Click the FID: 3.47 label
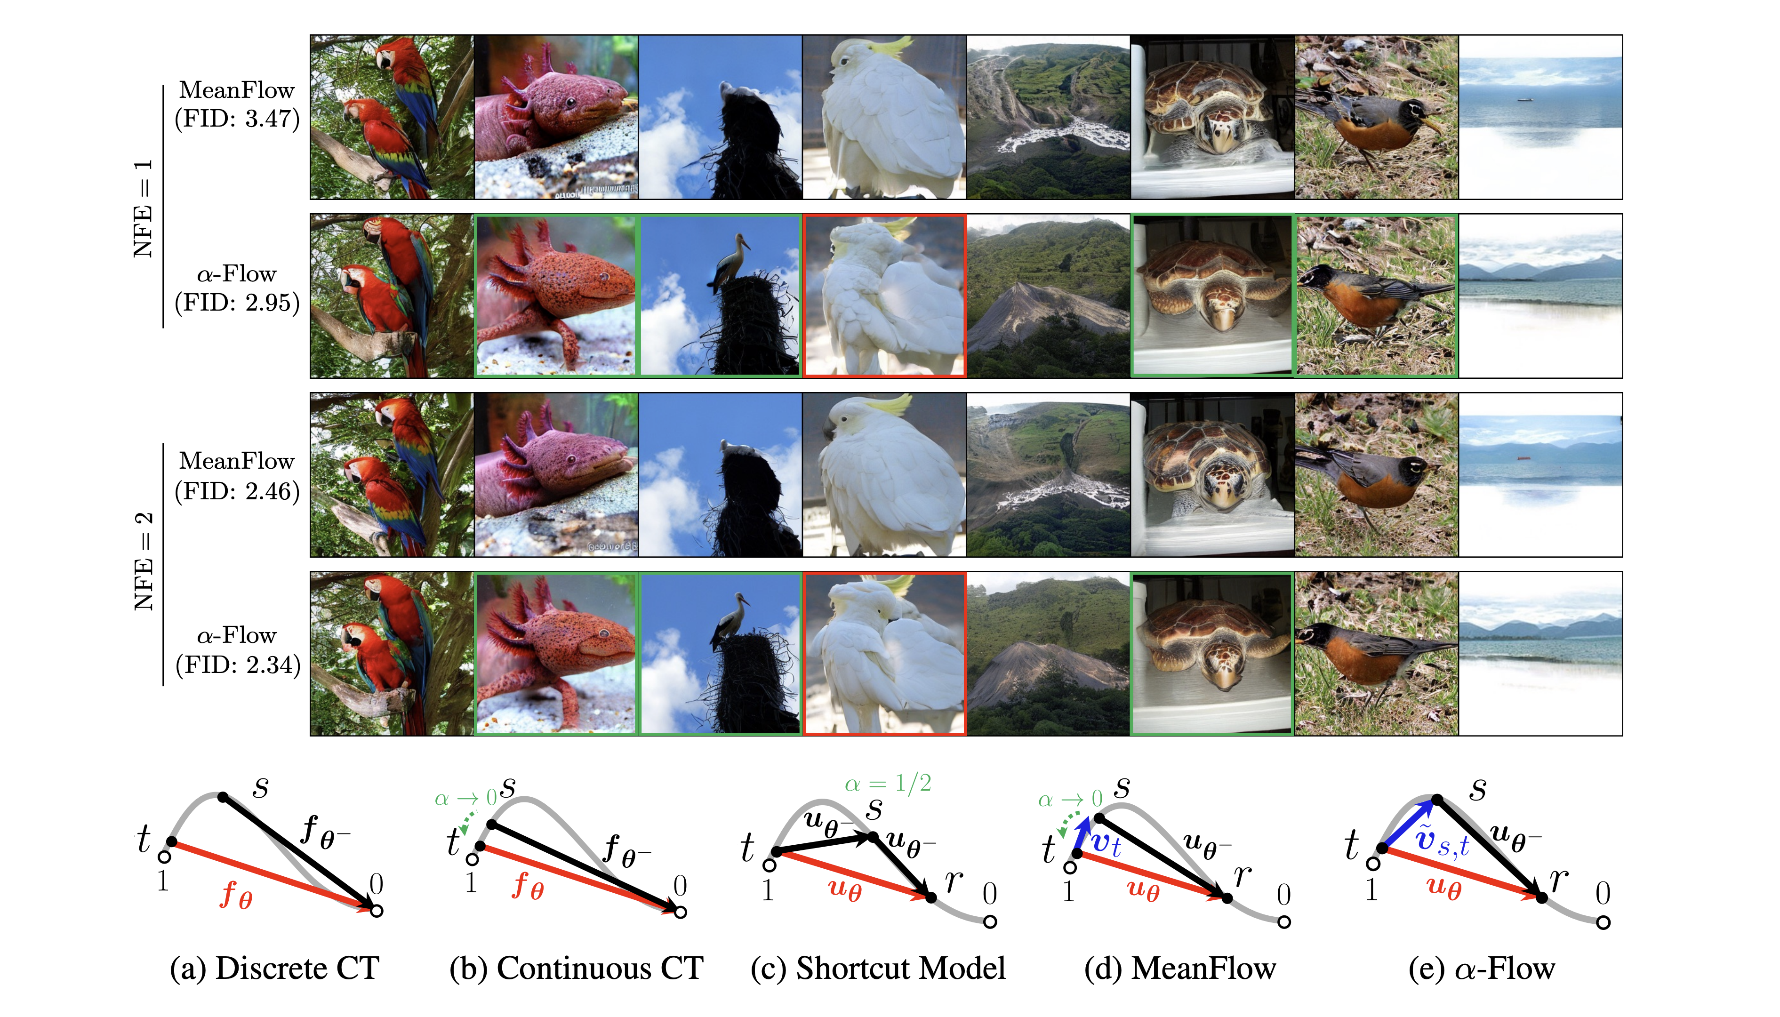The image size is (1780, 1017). (237, 119)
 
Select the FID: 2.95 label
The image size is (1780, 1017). (237, 303)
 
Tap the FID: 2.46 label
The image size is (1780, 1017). (237, 491)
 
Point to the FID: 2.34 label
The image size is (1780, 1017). (237, 664)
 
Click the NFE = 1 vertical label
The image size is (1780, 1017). (143, 208)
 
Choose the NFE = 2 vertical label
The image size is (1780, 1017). (143, 561)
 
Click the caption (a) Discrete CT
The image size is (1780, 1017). (274, 968)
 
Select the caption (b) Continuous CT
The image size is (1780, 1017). (576, 968)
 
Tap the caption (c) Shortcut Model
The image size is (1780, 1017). (878, 968)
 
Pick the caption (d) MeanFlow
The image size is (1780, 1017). (1180, 968)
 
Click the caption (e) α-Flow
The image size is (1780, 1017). (1482, 968)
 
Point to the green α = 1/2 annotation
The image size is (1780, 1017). (888, 784)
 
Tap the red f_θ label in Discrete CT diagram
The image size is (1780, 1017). (236, 895)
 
